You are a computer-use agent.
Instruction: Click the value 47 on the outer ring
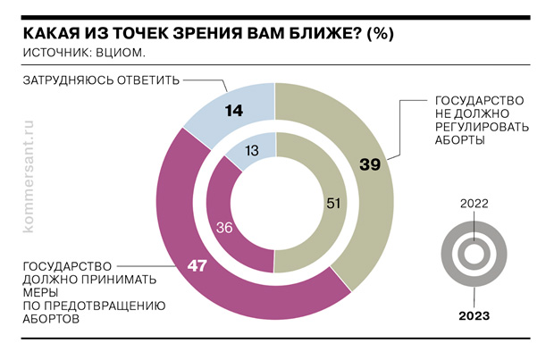click(197, 266)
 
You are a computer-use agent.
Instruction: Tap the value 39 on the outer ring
click(369, 163)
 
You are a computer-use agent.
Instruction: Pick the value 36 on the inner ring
click(225, 228)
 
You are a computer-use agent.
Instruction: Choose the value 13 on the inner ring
click(251, 150)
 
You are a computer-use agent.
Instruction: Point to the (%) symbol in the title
click(380, 32)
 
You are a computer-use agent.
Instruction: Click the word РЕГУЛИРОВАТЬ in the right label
click(482, 127)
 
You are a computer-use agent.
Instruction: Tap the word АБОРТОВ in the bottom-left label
click(55, 318)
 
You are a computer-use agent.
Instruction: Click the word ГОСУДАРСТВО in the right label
click(479, 98)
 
